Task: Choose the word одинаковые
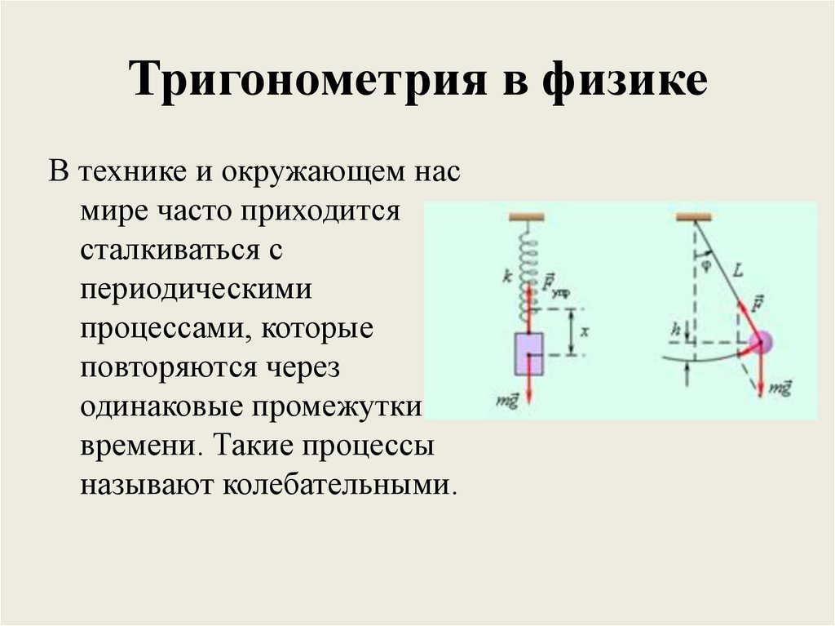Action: (x=168, y=406)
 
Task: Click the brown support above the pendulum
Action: (x=693, y=216)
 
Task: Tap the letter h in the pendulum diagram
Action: (x=674, y=331)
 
